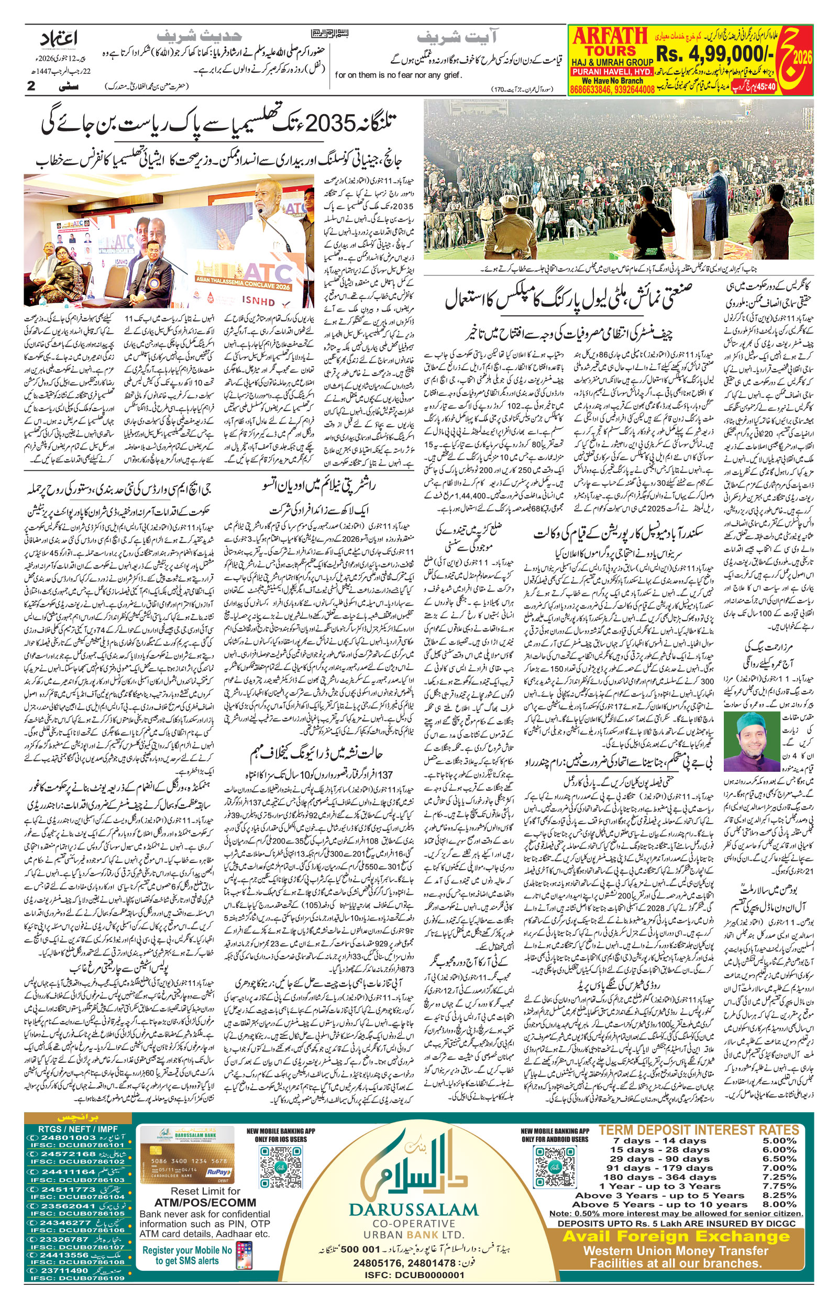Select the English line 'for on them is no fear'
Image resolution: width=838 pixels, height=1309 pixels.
[399, 75]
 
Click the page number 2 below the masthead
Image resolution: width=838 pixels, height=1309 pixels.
[31, 85]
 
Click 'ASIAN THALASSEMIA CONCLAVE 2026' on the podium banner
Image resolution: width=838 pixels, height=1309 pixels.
[244, 285]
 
